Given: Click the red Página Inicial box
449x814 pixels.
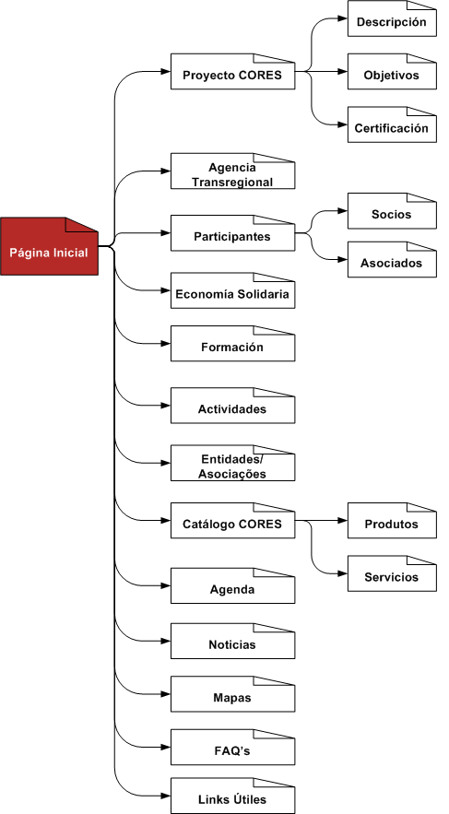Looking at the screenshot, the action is (x=49, y=246).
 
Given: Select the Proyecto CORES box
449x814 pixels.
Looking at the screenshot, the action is (x=232, y=71).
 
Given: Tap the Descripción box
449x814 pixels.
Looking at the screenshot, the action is (x=392, y=18).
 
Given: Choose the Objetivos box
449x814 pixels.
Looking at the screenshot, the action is (x=392, y=72).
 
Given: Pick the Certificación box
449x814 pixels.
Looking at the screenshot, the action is (x=392, y=124).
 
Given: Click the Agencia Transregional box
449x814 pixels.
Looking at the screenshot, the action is (x=232, y=171).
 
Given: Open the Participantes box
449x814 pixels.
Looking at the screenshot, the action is (x=232, y=233).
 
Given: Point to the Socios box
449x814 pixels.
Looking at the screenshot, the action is (x=392, y=211).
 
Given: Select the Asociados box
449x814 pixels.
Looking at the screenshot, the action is (x=392, y=260).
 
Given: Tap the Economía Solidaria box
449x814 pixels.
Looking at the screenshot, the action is (x=232, y=290).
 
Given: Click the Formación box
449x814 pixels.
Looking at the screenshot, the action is (x=232, y=344).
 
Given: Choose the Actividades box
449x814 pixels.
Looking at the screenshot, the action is (x=232, y=406).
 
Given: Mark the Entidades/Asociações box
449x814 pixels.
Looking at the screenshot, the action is (x=232, y=463).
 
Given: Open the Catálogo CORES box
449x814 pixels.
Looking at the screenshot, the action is (x=232, y=521).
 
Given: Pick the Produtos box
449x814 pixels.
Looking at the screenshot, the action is (x=392, y=521).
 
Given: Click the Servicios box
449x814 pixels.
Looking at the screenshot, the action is (x=392, y=573).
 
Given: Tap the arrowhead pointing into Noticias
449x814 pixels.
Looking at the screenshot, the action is (x=166, y=642).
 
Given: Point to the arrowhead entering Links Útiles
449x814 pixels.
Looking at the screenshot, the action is (x=166, y=796).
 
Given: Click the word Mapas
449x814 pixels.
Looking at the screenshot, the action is (x=232, y=698).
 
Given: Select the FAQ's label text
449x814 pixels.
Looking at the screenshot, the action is (x=232, y=750).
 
